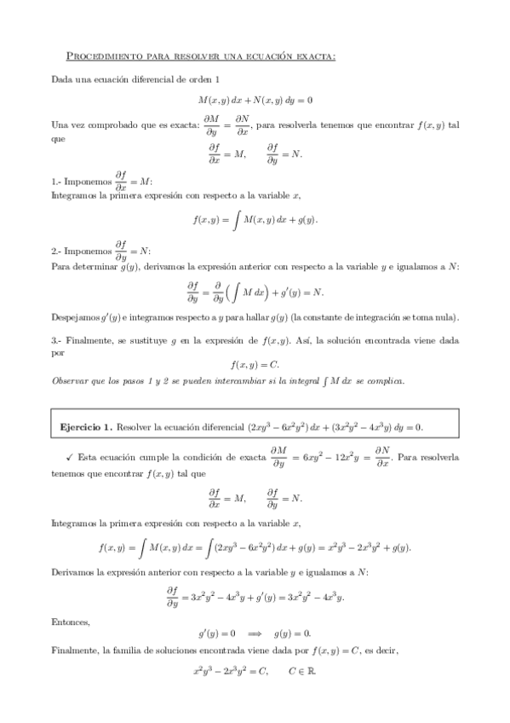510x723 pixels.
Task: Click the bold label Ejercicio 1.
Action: click(x=86, y=425)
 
